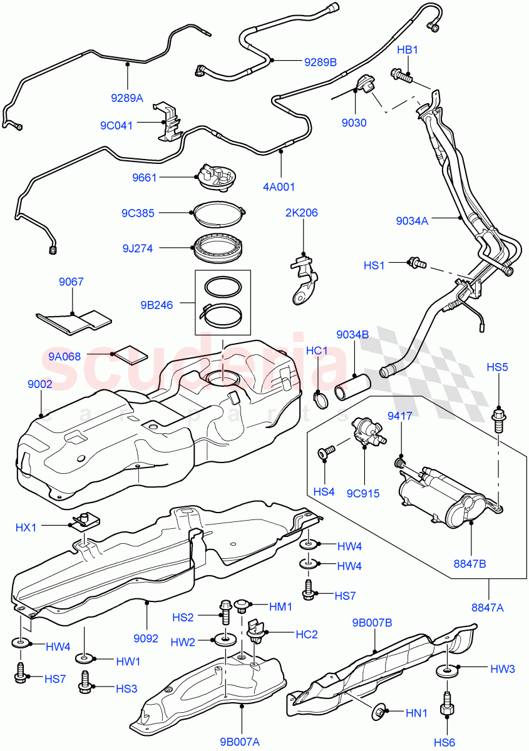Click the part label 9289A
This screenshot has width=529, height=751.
[127, 98]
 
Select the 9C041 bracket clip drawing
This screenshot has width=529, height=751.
[168, 120]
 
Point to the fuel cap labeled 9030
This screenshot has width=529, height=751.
[364, 84]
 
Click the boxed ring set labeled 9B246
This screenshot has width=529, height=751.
[222, 302]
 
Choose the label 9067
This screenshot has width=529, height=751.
[71, 282]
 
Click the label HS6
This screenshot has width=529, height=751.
[447, 742]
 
